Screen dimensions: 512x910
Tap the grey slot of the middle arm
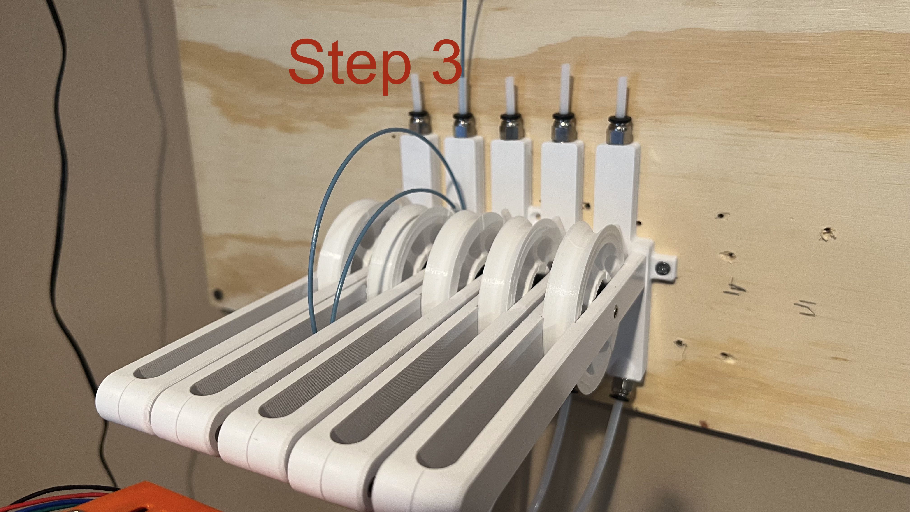point(318,382)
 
